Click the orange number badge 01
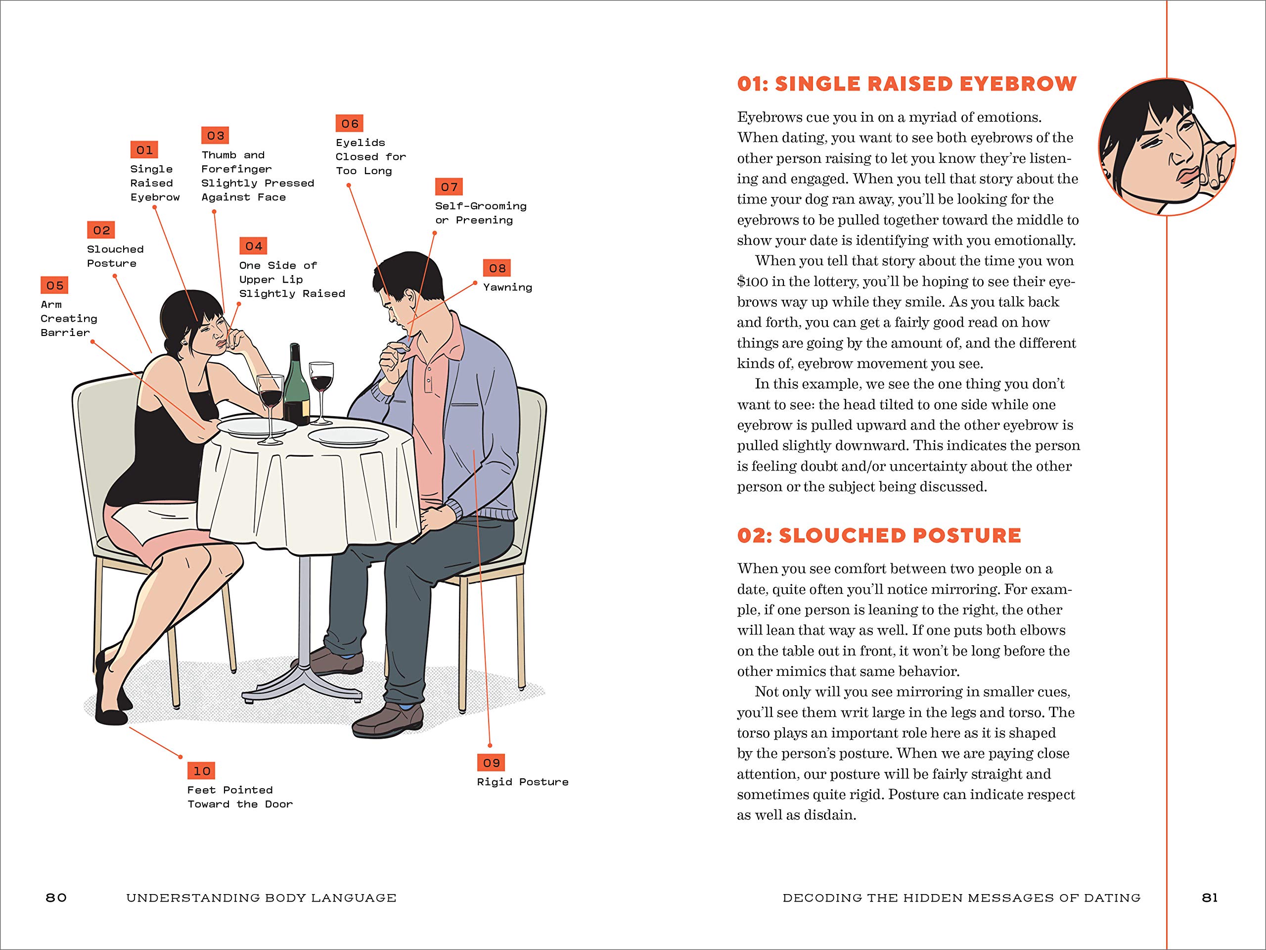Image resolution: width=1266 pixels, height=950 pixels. [144, 150]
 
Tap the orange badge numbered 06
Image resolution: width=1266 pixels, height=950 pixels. [349, 124]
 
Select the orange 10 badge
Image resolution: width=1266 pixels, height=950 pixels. [201, 771]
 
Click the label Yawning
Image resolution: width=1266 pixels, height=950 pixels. [507, 287]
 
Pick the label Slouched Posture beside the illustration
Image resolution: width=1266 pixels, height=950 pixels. [115, 256]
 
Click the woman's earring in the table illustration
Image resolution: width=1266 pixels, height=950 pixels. [185, 343]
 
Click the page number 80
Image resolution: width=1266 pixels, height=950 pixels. [56, 898]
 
